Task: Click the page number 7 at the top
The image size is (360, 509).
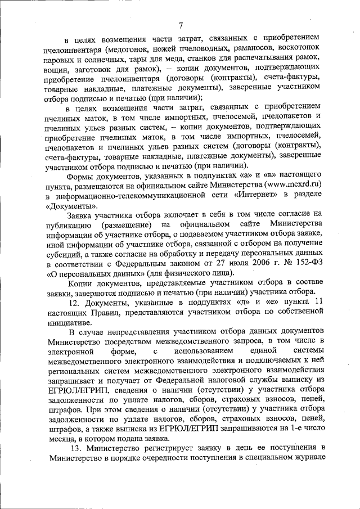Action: click(x=181, y=24)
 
